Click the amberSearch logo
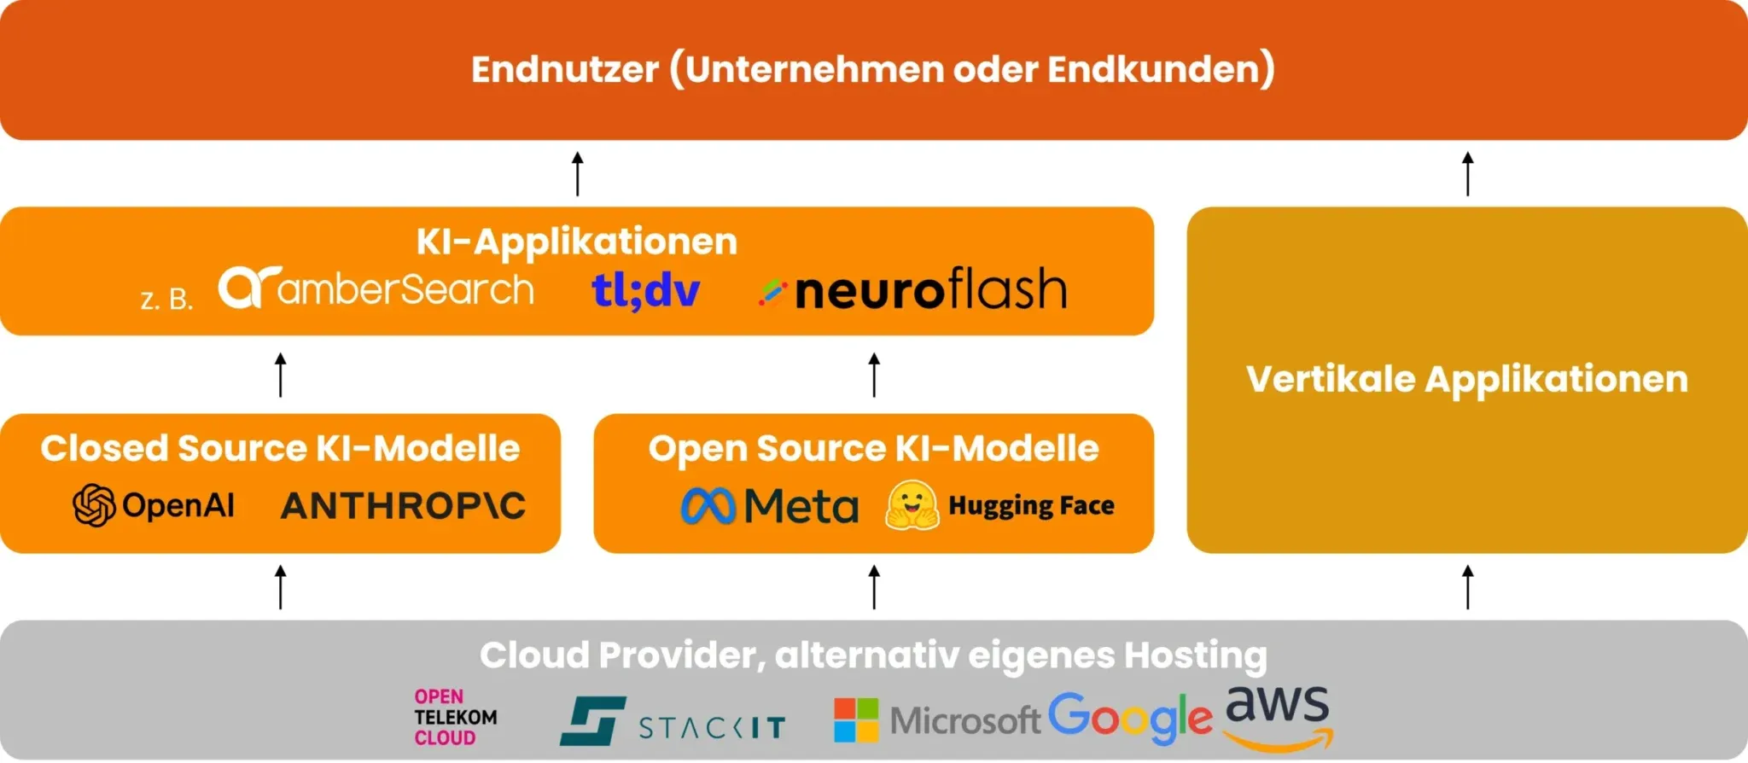376,288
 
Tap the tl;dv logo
646,290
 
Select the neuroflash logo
913,290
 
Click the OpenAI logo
154,505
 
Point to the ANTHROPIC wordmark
403,506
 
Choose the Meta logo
770,506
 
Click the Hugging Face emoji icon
912,505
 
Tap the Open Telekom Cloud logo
455,718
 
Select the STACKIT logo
673,723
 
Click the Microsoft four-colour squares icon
856,720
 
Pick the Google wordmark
1129,717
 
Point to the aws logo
1278,715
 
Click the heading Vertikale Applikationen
1466,379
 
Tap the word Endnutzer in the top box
564,69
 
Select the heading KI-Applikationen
576,242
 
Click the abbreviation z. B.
166,300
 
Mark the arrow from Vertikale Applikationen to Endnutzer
1467,173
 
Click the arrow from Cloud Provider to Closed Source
281,587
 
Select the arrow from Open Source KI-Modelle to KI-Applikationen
874,375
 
